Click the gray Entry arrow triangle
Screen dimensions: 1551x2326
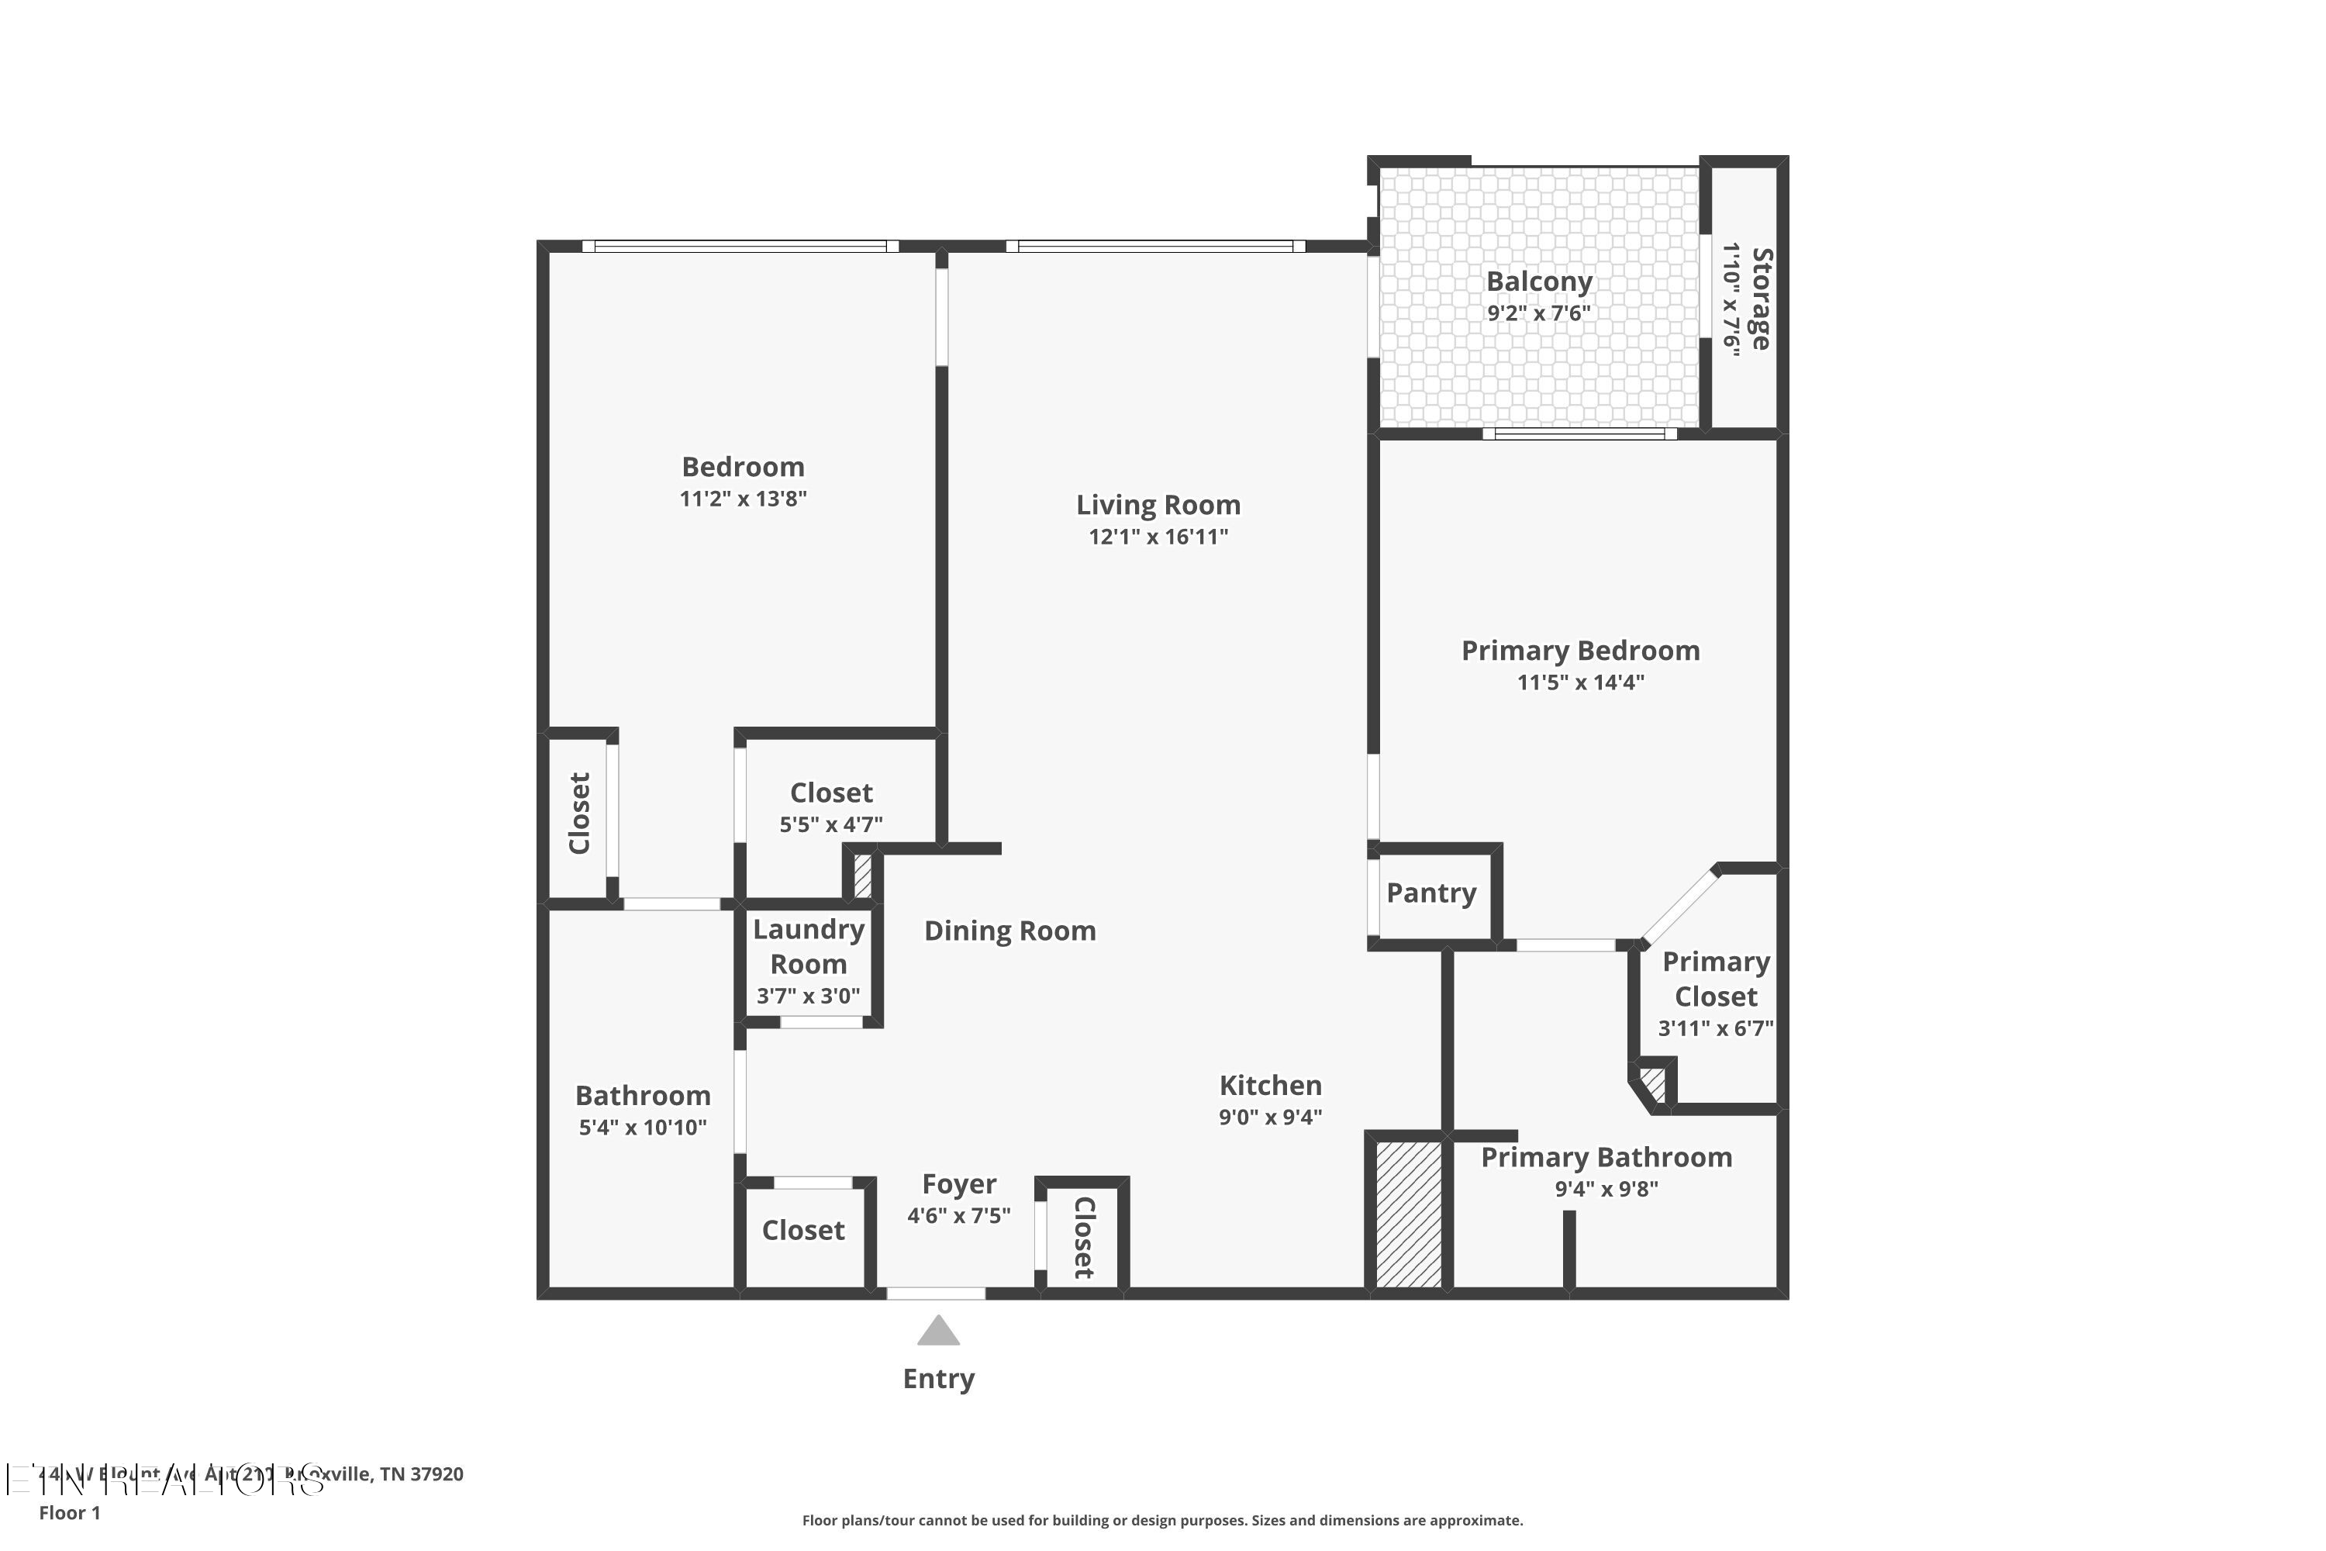click(937, 1332)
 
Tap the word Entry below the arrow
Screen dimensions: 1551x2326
click(937, 1379)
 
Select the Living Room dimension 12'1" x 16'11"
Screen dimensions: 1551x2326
click(1158, 537)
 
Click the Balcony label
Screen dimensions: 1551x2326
click(1539, 282)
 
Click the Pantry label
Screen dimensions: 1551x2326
click(1431, 893)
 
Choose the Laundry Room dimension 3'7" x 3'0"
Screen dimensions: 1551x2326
click(808, 996)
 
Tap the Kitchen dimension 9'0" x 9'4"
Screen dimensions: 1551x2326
click(1270, 1117)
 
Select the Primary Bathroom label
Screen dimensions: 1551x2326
click(1606, 1157)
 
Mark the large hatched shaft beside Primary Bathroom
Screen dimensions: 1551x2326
click(1408, 1214)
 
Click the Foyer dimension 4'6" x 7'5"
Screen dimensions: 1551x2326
click(958, 1216)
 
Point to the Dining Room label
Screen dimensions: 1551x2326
click(1009, 931)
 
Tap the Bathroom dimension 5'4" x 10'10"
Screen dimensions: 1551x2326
click(643, 1128)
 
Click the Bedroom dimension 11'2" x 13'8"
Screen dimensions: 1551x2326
click(743, 499)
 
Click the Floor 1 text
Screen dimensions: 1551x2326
click(69, 1512)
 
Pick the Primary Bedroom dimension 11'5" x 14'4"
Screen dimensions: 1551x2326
click(1580, 682)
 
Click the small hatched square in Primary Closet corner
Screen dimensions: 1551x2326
click(1652, 1082)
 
